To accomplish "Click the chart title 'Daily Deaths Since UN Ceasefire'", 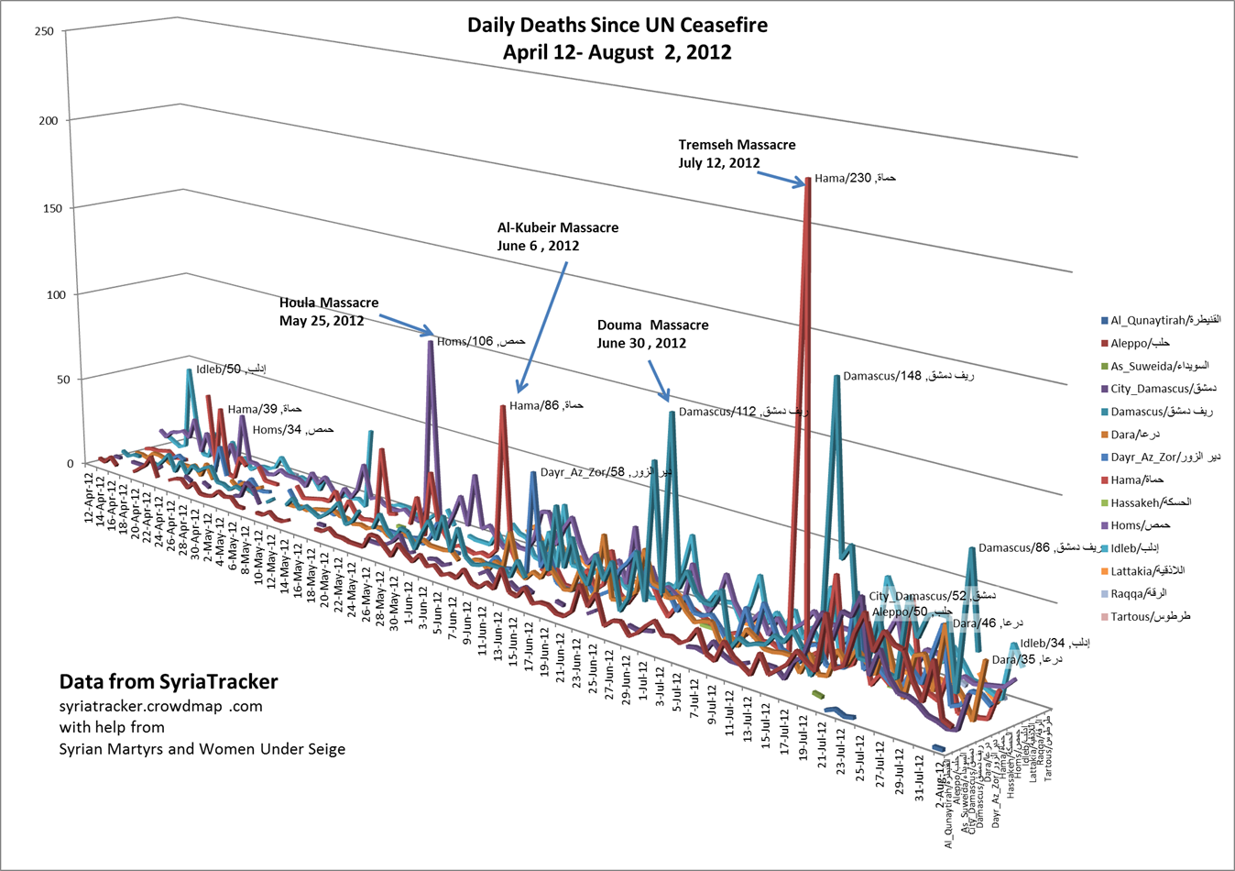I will coord(617,25).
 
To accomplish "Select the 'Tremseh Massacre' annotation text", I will coord(737,145).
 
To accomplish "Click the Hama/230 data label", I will coord(855,178).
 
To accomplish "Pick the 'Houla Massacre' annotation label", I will coord(329,303).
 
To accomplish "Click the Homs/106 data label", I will coord(481,342).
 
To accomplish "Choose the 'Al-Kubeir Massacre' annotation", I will coord(557,227).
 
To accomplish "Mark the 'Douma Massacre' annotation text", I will coord(652,325).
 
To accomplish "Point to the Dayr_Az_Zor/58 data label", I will coord(606,473).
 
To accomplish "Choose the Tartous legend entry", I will coord(1151,616).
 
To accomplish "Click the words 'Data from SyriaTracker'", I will coord(169,682).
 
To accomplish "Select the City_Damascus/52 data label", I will coord(919,597).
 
